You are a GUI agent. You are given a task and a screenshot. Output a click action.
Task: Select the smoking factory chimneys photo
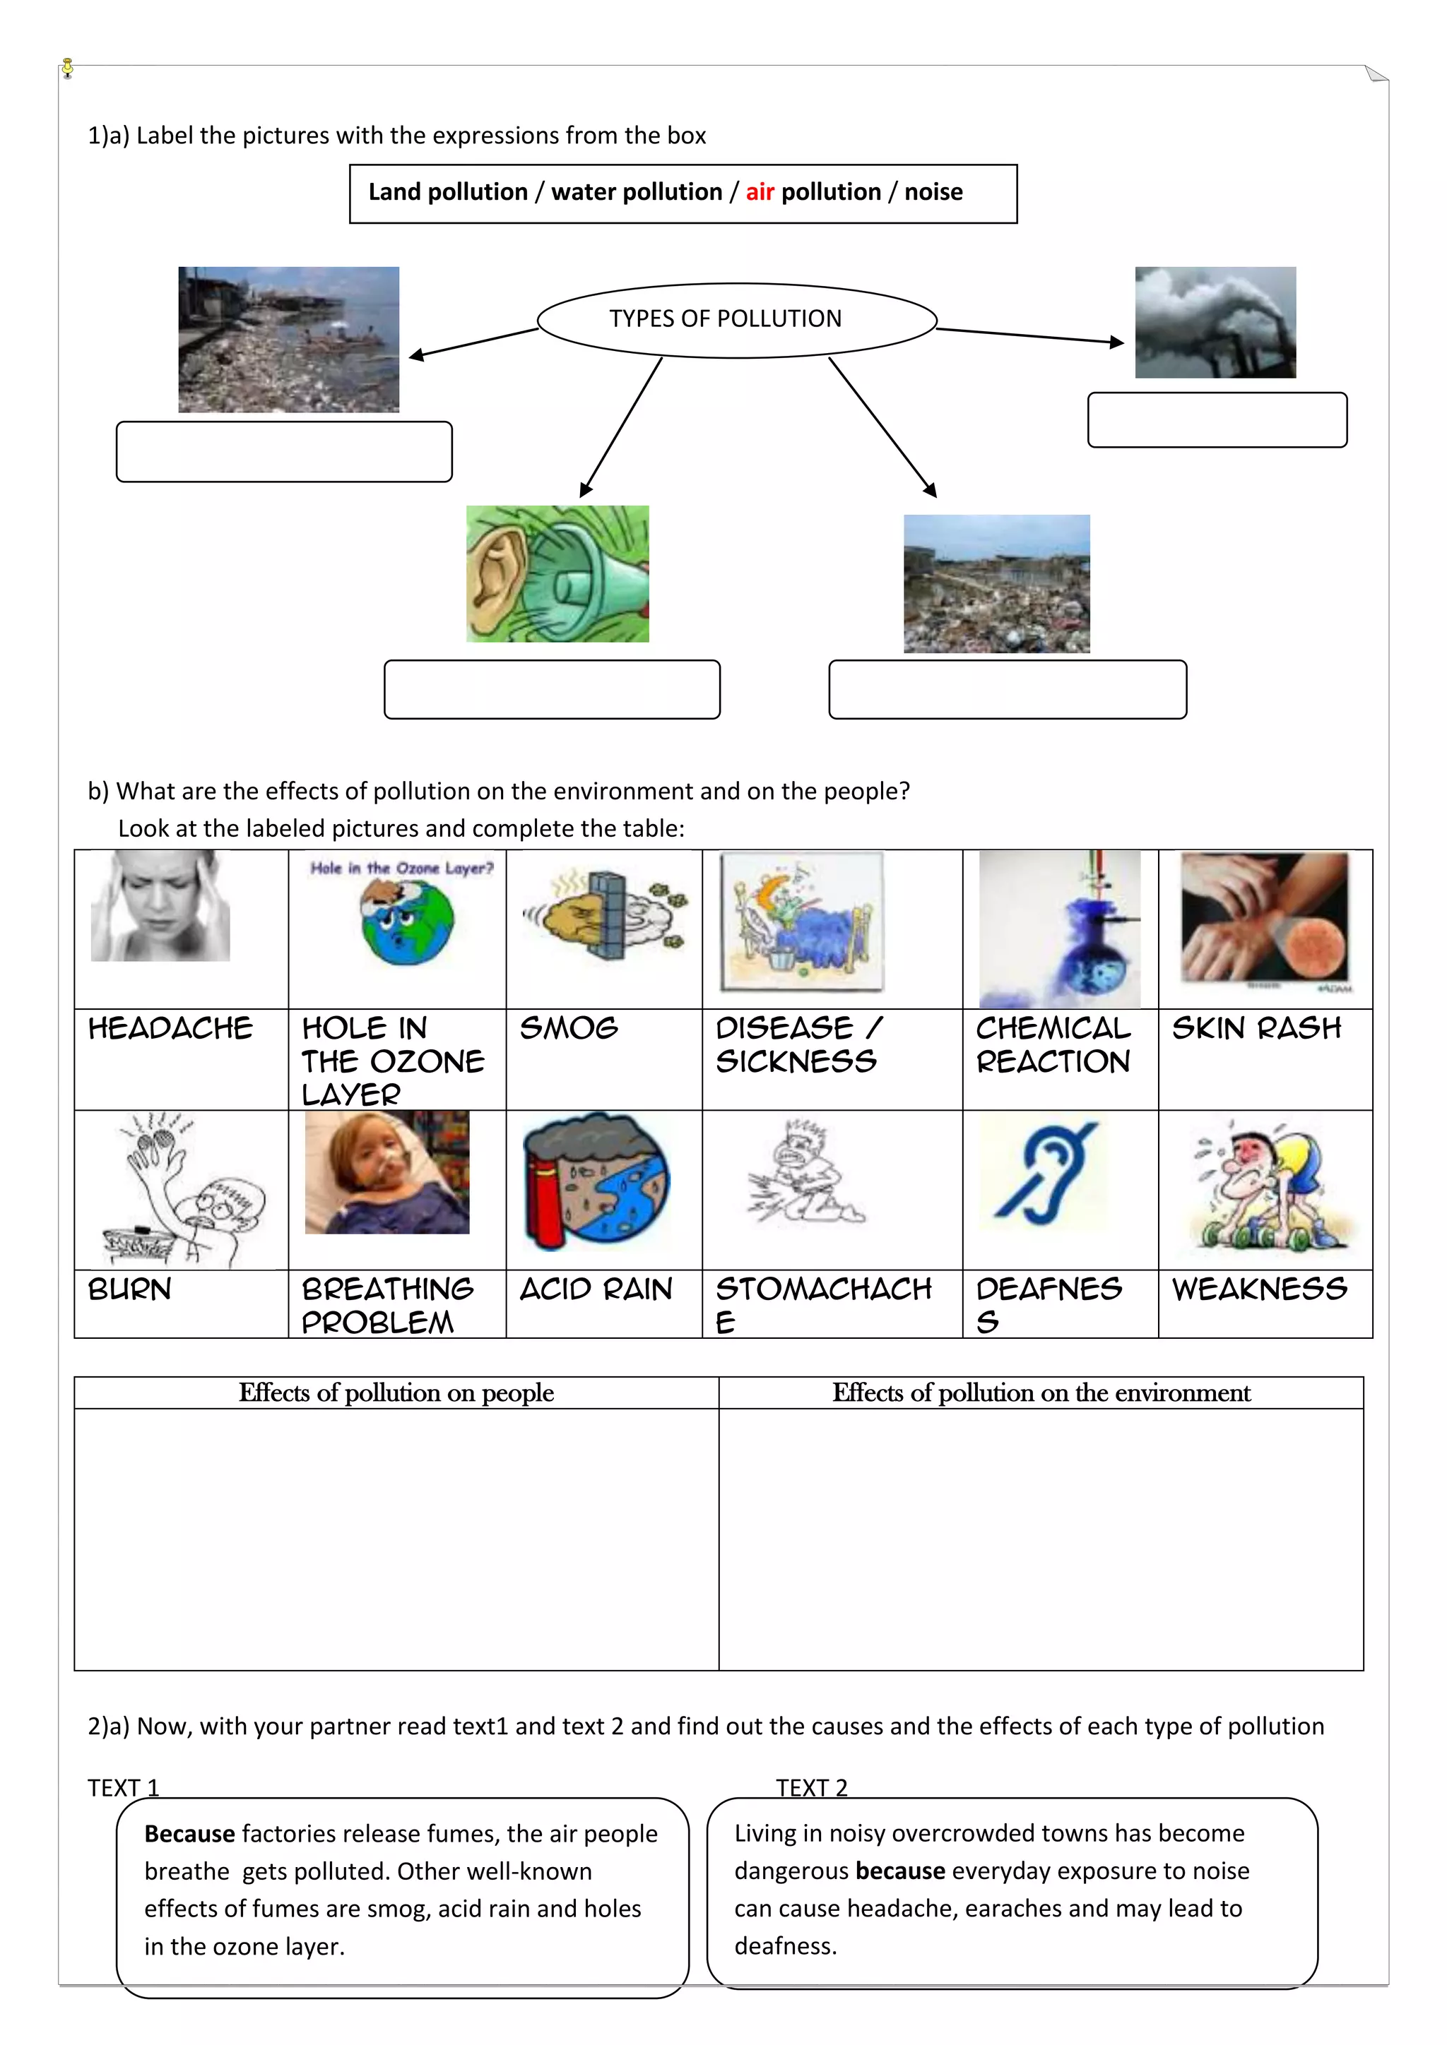(1215, 323)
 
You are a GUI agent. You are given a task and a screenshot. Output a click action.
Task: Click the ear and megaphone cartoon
(557, 573)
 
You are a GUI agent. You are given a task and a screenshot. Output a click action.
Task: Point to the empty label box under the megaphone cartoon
(552, 688)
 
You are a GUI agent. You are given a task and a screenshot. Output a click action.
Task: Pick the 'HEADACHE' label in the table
(170, 1028)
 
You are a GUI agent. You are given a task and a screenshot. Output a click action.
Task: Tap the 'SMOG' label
(569, 1028)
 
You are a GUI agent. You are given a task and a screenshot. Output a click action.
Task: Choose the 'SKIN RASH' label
(1256, 1028)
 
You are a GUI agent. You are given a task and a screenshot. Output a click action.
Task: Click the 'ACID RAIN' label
(595, 1289)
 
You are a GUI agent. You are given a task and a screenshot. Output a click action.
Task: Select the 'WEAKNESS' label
(1259, 1289)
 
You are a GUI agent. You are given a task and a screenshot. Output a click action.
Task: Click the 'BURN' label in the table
(129, 1289)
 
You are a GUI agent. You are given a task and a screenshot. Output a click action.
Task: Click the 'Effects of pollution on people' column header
(396, 1392)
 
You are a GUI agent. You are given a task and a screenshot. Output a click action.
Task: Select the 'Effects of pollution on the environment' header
(1041, 1392)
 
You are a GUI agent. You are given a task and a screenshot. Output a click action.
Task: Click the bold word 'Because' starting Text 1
(189, 1833)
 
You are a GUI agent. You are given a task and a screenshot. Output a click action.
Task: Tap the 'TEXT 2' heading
(811, 1787)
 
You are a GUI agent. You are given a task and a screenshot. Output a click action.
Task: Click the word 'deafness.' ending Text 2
(785, 1945)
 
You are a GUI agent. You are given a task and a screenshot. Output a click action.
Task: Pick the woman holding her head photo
(160, 906)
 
